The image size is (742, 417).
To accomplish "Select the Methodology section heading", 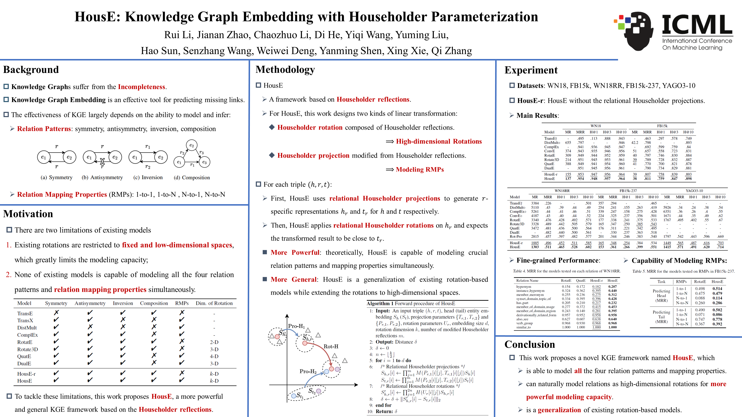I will (x=285, y=70).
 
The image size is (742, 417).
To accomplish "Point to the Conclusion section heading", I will (x=530, y=344).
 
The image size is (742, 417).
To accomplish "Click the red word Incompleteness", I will (x=141, y=87).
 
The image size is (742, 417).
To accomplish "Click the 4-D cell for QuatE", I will (x=214, y=356).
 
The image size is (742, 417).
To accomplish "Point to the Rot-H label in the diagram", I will (x=331, y=346).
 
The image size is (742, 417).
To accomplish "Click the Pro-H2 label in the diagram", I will (x=308, y=371).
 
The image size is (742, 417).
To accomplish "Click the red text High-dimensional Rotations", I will (x=439, y=141).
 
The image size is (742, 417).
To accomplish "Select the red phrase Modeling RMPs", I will (x=420, y=170).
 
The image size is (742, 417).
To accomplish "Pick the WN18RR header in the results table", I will (x=562, y=191).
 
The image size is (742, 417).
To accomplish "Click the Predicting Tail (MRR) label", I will (x=661, y=317).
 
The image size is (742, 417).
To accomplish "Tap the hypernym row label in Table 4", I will (x=524, y=287).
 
